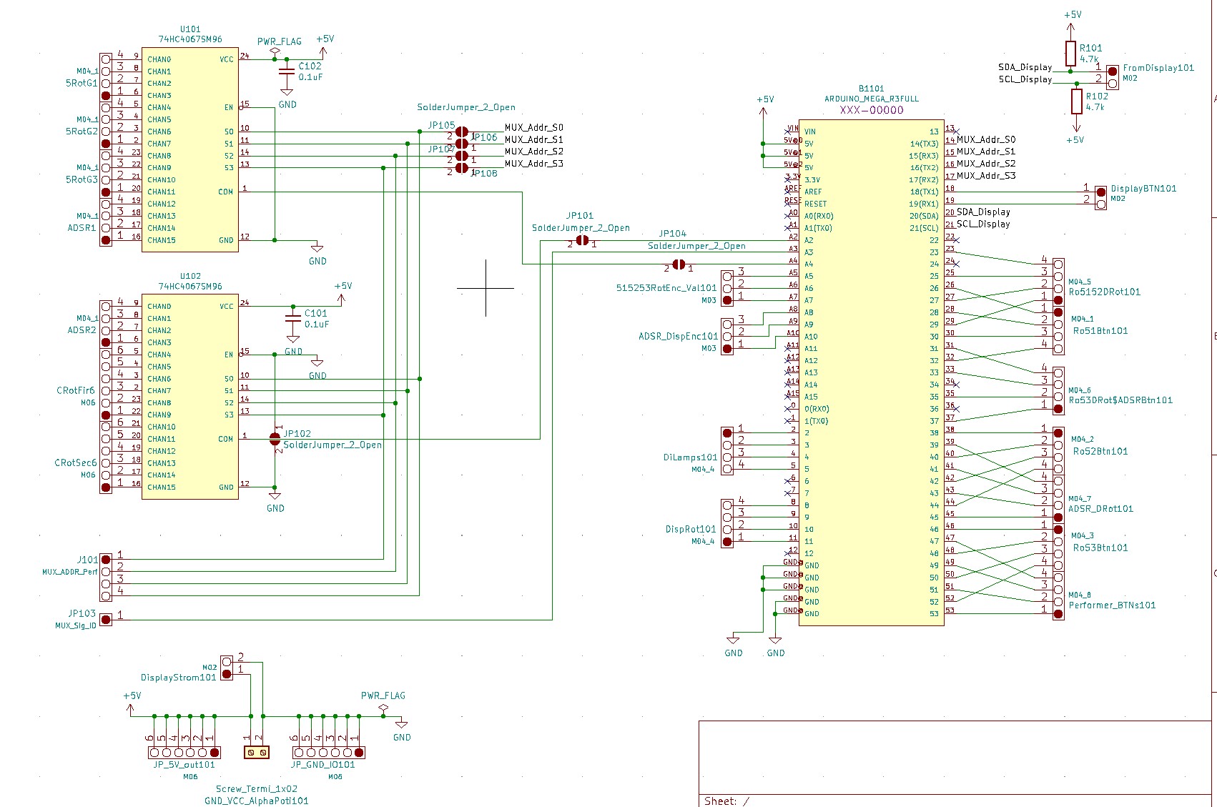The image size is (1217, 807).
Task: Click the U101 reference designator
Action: click(x=190, y=29)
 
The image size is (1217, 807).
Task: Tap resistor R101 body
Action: click(x=1070, y=53)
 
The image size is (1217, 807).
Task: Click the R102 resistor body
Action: click(x=1076, y=102)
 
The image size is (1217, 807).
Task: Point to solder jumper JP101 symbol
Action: click(x=582, y=241)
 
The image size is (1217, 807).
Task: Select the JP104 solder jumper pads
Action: click(x=679, y=265)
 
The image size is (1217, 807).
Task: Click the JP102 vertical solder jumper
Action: click(x=275, y=439)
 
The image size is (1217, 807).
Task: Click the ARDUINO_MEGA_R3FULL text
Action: click(x=871, y=99)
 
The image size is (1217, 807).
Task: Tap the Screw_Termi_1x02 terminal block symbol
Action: click(x=256, y=752)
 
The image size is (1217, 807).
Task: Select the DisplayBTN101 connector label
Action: click(x=1143, y=189)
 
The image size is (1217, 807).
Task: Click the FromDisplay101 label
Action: click(x=1158, y=68)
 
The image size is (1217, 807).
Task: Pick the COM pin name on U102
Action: click(x=225, y=439)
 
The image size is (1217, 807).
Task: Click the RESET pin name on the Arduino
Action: click(x=815, y=204)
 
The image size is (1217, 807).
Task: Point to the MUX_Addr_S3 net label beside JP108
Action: click(x=533, y=164)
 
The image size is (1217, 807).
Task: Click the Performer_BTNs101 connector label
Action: click(x=1112, y=605)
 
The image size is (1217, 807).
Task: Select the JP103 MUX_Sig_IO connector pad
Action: click(x=106, y=619)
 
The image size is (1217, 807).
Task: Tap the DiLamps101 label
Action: click(x=689, y=457)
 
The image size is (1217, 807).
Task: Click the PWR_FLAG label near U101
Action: click(x=279, y=41)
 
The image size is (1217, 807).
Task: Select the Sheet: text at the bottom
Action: click(x=720, y=801)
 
